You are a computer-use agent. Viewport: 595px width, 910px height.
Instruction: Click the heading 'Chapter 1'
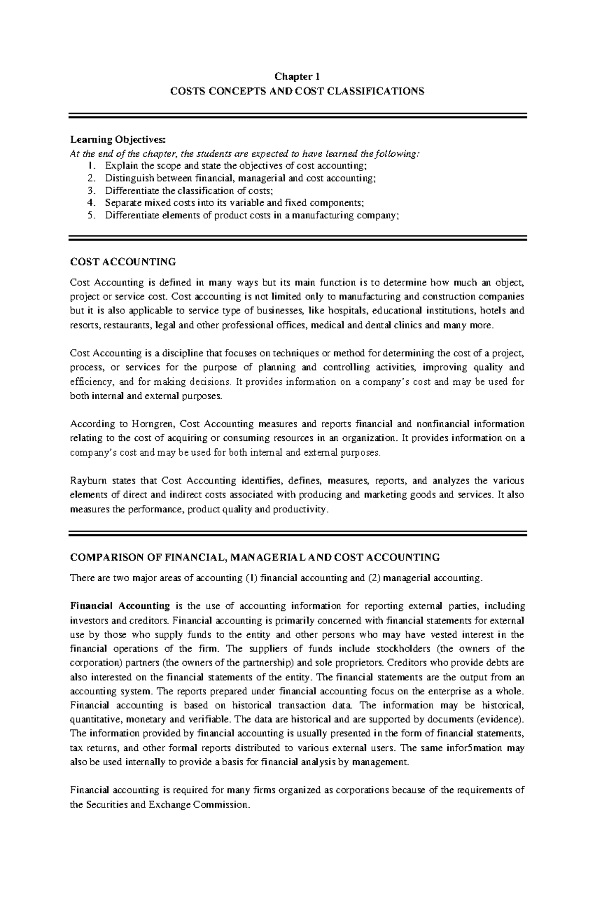coord(297,76)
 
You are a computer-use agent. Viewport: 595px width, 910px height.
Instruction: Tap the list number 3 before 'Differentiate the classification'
coord(89,190)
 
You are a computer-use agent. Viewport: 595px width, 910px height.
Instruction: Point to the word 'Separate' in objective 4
coord(121,202)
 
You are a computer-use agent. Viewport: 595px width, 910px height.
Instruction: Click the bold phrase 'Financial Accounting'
coord(120,606)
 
